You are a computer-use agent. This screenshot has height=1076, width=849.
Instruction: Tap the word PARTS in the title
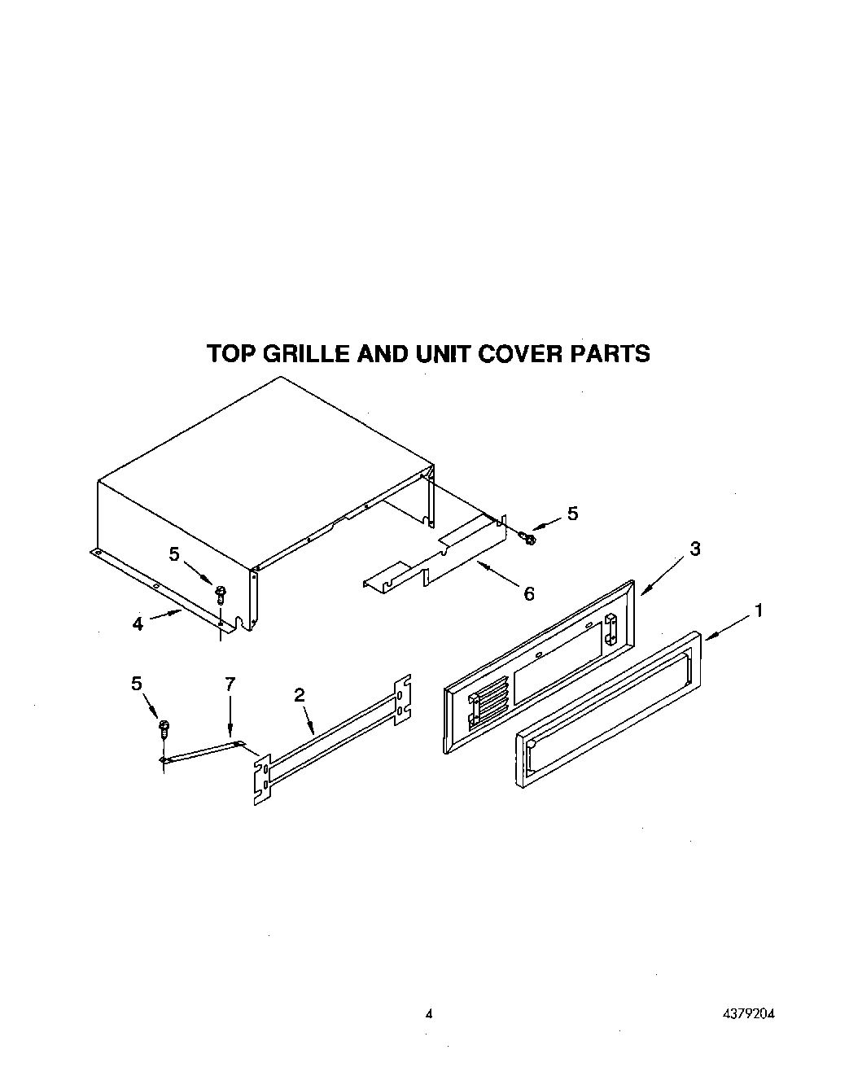point(611,354)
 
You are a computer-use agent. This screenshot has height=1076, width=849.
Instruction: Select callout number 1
point(758,610)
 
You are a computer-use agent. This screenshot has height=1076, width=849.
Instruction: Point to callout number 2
point(300,694)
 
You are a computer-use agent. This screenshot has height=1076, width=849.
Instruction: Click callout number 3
point(694,549)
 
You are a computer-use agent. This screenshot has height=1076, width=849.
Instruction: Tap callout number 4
point(138,623)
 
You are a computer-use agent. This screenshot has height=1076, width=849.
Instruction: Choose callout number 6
point(529,594)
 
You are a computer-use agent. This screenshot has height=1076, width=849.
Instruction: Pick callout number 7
point(230,684)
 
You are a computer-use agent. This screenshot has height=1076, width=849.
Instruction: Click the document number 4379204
point(746,1014)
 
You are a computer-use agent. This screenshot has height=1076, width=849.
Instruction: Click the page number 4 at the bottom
point(428,1014)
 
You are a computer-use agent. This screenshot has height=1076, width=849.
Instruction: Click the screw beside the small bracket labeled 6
point(529,538)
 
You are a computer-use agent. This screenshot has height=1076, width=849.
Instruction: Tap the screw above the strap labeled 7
point(164,727)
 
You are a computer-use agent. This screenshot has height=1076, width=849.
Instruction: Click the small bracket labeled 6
point(431,562)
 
